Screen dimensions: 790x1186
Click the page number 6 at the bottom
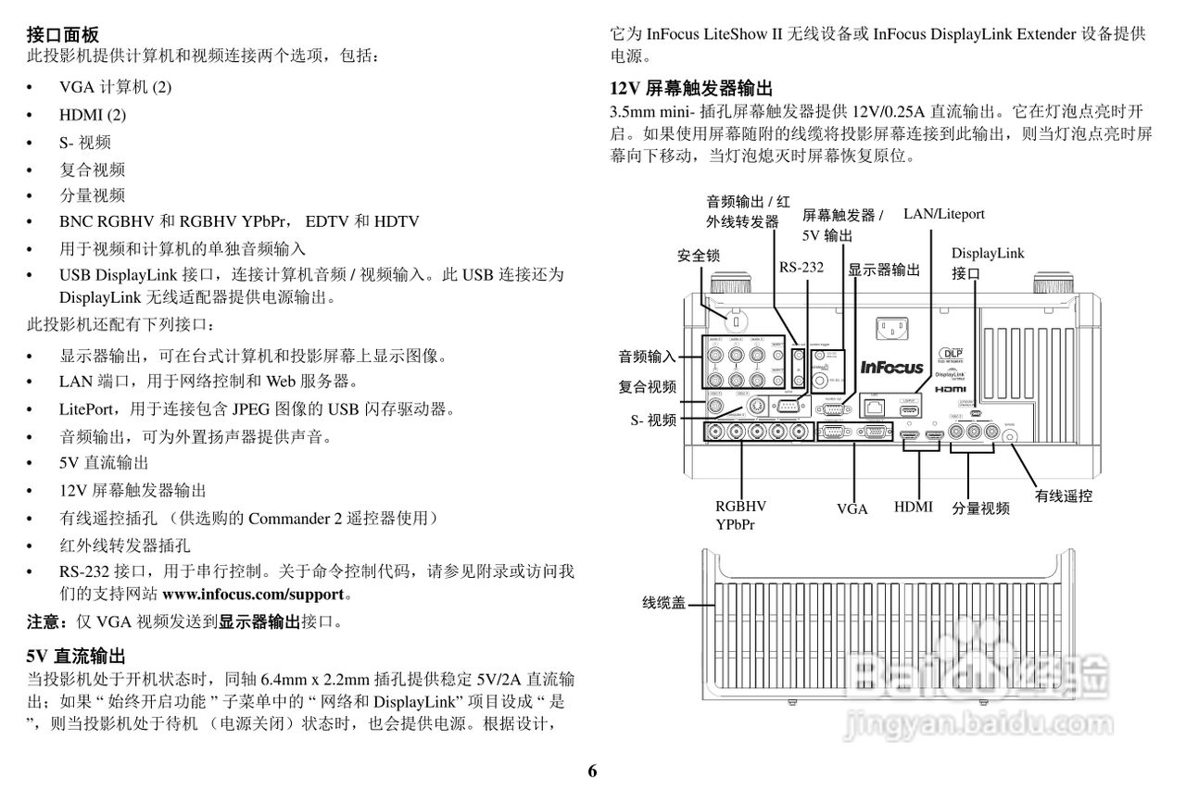coord(592,771)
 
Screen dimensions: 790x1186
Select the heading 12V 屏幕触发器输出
coord(691,89)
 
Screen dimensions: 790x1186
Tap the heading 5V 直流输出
coord(76,657)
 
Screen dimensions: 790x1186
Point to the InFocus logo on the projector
coord(891,367)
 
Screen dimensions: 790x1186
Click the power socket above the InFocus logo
coord(891,328)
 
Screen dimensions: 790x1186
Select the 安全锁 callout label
coord(699,255)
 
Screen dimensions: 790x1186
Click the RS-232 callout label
coord(801,268)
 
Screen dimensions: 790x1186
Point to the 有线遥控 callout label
coord(1064,495)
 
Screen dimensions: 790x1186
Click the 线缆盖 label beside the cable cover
coord(664,603)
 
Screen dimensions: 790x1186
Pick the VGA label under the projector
coord(852,509)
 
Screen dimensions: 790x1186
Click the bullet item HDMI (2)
coord(93,115)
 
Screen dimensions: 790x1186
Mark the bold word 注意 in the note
coord(46,621)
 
